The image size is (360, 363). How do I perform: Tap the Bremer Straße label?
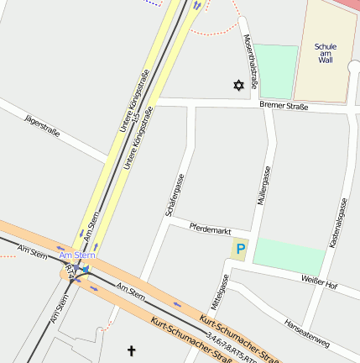coord(284,107)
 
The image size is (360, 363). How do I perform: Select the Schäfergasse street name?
coord(175,196)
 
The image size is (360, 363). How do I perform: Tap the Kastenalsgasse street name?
coord(338,223)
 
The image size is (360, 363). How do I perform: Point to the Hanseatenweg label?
coord(306,334)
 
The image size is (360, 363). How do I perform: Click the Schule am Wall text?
coord(326,53)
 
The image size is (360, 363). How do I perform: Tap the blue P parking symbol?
coord(241,250)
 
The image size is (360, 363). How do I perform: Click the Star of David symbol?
coord(238,86)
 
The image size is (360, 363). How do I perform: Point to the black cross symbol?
coord(131,350)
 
